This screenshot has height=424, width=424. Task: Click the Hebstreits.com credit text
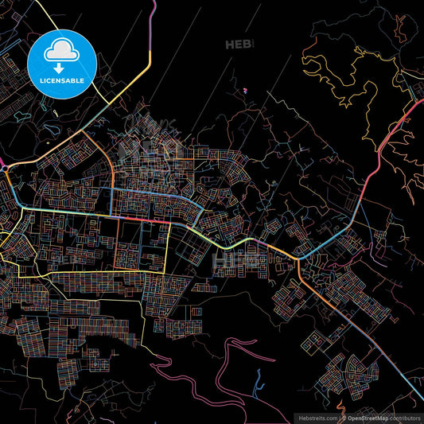click(317, 417)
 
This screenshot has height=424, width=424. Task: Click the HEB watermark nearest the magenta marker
click(238, 45)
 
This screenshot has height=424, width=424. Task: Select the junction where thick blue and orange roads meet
click(298, 258)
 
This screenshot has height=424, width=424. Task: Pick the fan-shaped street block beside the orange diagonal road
click(354, 368)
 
